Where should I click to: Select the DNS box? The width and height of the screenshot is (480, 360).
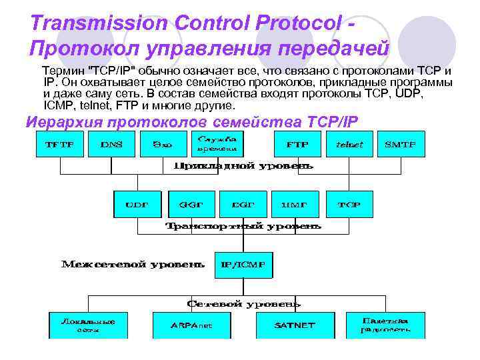click(x=112, y=144)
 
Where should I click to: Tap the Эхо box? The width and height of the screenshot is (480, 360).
click(x=163, y=144)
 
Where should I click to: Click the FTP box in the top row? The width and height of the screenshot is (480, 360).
click(x=297, y=144)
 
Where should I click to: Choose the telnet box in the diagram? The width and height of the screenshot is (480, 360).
click(x=350, y=144)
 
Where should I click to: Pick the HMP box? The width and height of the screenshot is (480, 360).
click(x=295, y=204)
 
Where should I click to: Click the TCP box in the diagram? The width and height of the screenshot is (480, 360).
click(x=349, y=204)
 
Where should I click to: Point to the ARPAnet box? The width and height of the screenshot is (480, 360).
click(x=191, y=325)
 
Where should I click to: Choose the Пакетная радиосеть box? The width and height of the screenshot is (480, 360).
click(x=385, y=325)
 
